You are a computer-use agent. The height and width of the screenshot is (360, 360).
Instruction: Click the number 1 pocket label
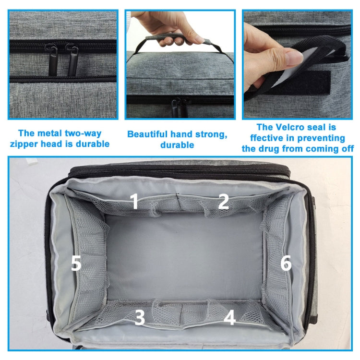135,201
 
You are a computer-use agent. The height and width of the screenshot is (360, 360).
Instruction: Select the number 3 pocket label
139,318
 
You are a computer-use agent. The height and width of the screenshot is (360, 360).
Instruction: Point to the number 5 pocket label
76,263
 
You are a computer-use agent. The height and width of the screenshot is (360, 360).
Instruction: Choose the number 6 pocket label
286,263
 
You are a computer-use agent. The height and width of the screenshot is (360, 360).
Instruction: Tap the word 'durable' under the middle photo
177,144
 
